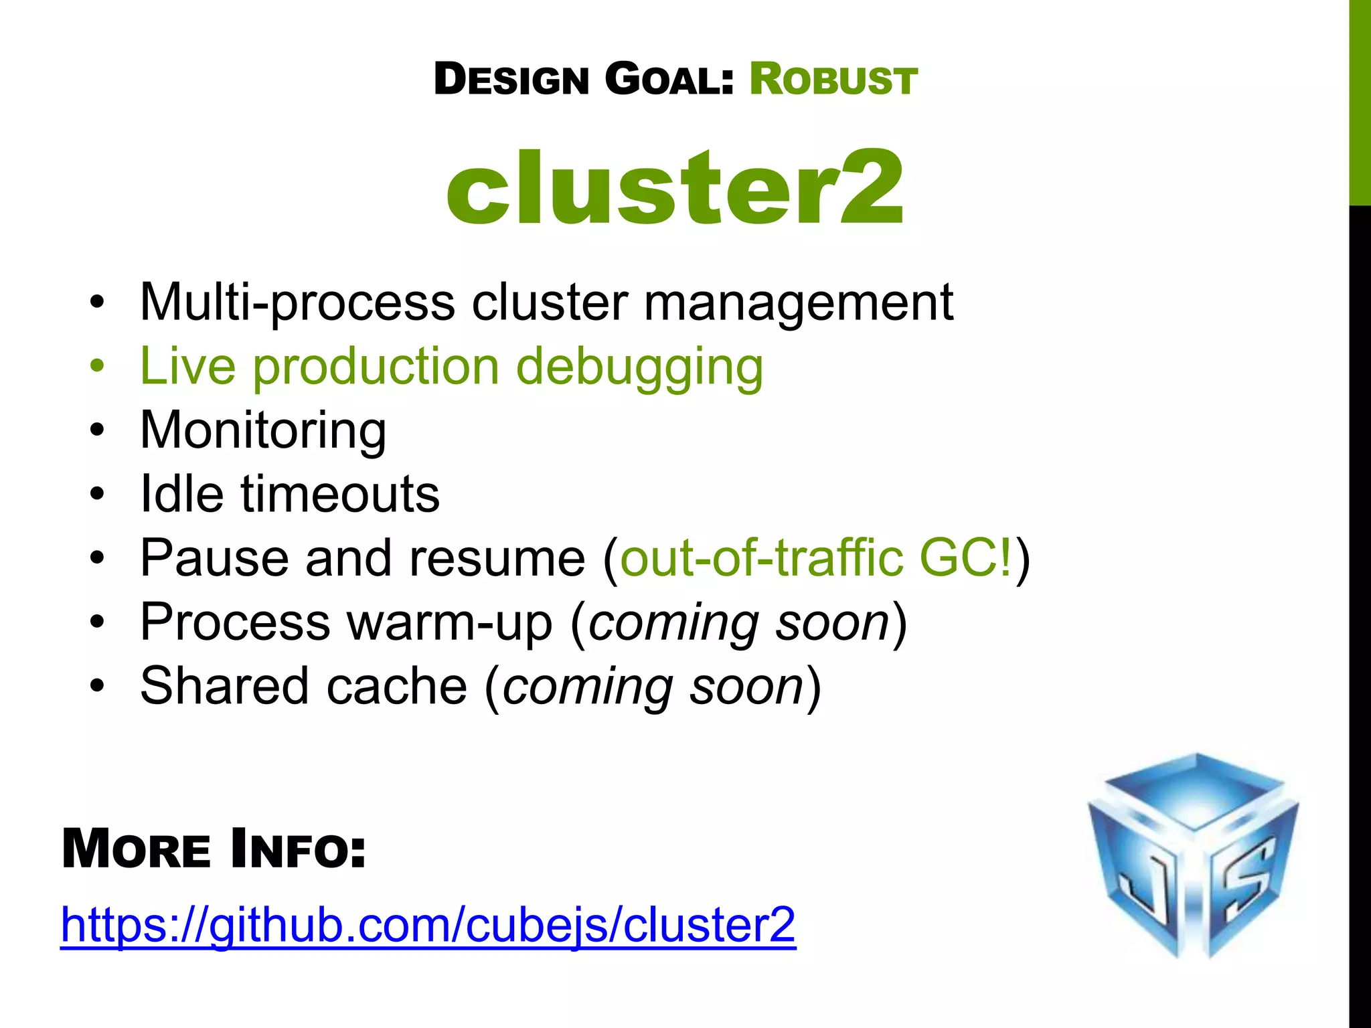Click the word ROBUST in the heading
(x=833, y=80)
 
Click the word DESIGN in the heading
(x=511, y=80)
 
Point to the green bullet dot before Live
(x=98, y=367)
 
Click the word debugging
(x=639, y=367)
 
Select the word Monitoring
(x=263, y=430)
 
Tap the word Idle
(x=181, y=495)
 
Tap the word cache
(x=396, y=687)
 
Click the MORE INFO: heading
(x=214, y=850)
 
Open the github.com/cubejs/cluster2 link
(x=428, y=925)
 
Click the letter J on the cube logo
(x=1150, y=883)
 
